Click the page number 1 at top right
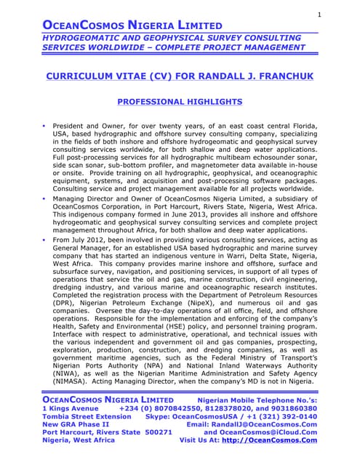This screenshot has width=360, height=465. tap(319, 15)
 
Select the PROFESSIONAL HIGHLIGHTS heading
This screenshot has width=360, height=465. tap(180, 102)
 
